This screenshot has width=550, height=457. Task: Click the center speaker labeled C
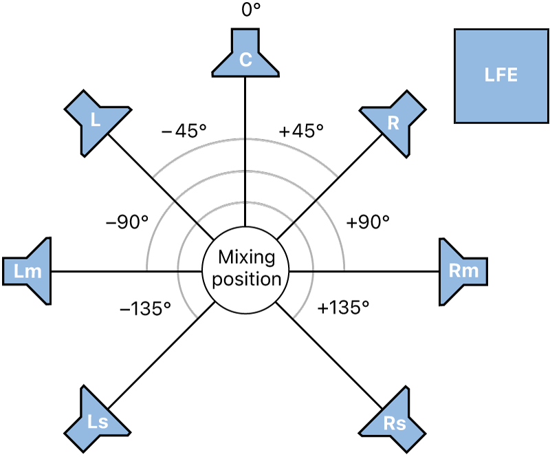[245, 54]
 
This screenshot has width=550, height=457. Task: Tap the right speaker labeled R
[393, 123]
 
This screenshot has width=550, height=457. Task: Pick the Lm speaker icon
[30, 271]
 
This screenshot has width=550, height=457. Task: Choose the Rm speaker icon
[462, 271]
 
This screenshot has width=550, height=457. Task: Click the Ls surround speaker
[98, 419]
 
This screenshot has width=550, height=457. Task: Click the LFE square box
[500, 76]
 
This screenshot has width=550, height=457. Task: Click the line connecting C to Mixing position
[245, 151]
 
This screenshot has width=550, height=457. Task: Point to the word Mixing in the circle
[245, 258]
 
